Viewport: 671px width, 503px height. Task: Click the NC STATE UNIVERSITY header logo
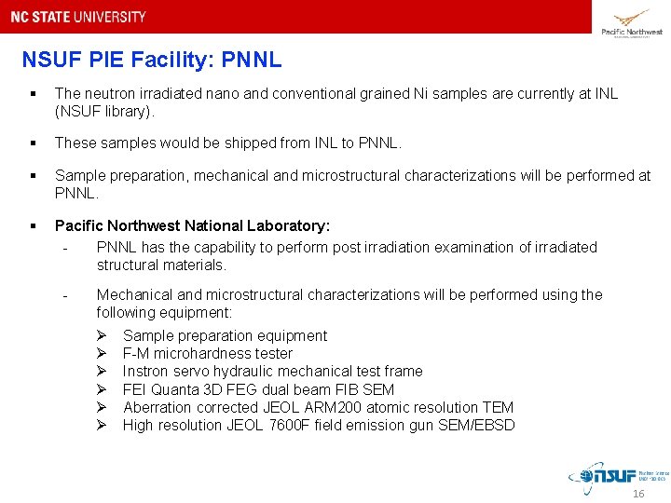coord(78,17)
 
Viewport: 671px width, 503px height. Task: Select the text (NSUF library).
coord(104,112)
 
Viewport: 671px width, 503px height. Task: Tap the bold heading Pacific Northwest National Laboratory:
coord(192,225)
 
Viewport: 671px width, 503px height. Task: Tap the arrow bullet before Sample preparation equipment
coord(103,335)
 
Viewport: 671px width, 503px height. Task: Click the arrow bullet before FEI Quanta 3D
coord(103,389)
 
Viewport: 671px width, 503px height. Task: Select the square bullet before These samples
coord(33,143)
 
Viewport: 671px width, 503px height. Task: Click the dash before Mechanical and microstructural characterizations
coord(64,295)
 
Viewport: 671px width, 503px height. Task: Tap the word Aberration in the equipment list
coord(157,407)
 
